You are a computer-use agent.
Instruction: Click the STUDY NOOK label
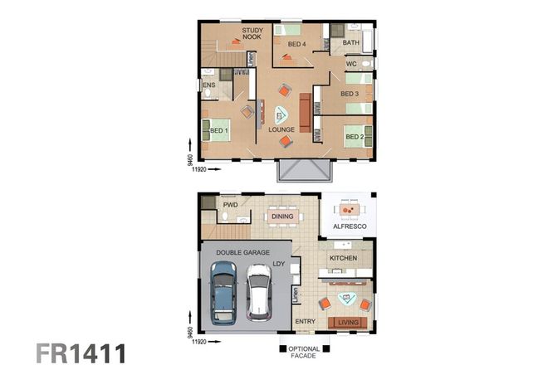click(252, 34)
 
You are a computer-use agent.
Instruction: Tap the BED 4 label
click(297, 43)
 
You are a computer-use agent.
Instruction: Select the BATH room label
click(351, 42)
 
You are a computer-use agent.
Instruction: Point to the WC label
click(351, 63)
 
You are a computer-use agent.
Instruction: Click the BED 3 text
click(350, 94)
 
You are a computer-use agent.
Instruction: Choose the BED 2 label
click(355, 136)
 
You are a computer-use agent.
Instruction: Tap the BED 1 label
click(219, 131)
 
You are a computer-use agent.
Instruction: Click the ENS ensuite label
click(208, 85)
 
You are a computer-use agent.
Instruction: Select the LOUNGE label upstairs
click(281, 130)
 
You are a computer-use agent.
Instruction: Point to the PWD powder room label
click(230, 203)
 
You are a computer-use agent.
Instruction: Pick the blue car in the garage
click(223, 292)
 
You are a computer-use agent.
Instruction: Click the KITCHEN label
click(345, 259)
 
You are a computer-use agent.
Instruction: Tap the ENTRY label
click(306, 322)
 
